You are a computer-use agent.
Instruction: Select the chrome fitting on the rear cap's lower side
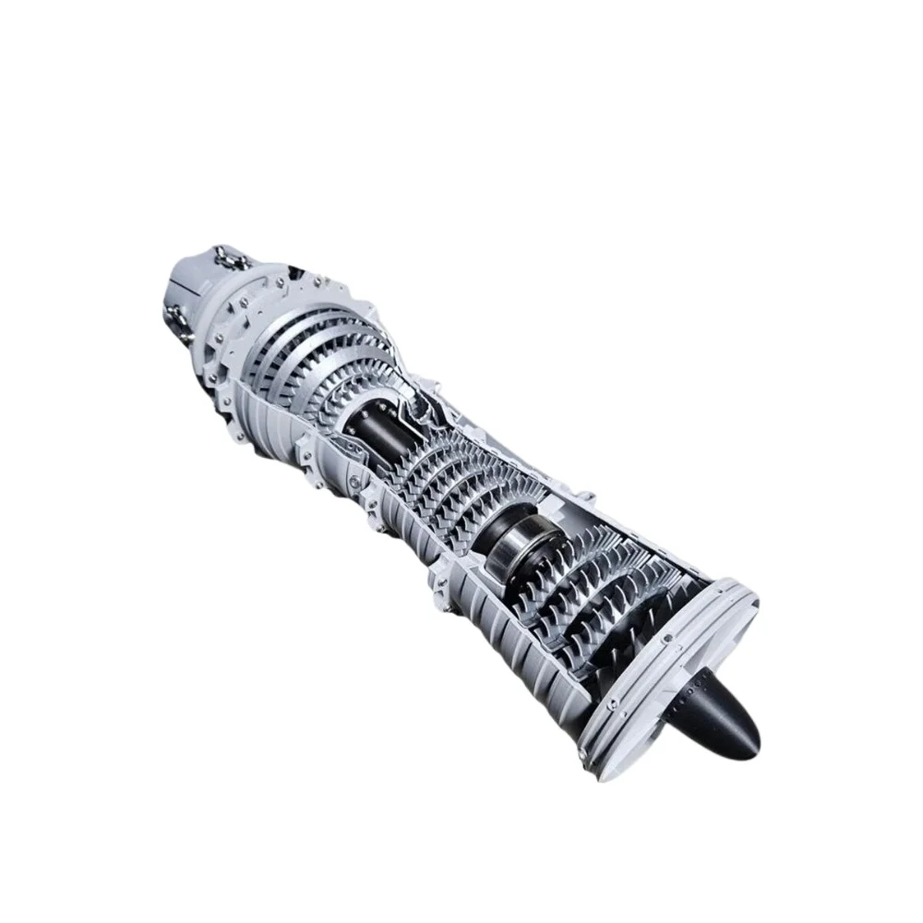tap(174, 318)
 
